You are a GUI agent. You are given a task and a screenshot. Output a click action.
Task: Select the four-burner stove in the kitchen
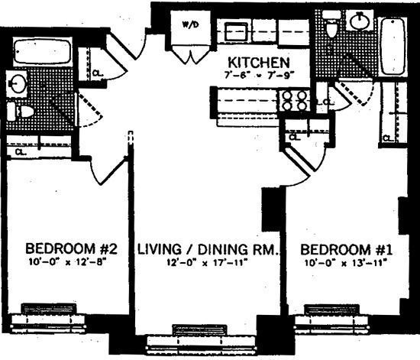click(295, 101)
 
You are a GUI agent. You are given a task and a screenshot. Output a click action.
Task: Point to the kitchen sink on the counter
click(234, 32)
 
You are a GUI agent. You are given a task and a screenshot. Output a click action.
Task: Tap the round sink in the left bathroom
click(17, 83)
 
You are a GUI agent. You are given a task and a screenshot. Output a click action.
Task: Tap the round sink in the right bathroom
click(359, 21)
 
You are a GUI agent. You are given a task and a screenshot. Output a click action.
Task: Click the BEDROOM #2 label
click(70, 250)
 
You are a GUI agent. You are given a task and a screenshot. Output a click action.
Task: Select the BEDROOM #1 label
click(344, 250)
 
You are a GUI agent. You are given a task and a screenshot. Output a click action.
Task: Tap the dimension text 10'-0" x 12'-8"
click(70, 262)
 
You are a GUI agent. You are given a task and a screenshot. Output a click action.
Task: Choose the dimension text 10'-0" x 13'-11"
click(344, 262)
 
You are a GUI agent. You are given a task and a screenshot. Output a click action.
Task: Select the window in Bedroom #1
click(331, 312)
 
